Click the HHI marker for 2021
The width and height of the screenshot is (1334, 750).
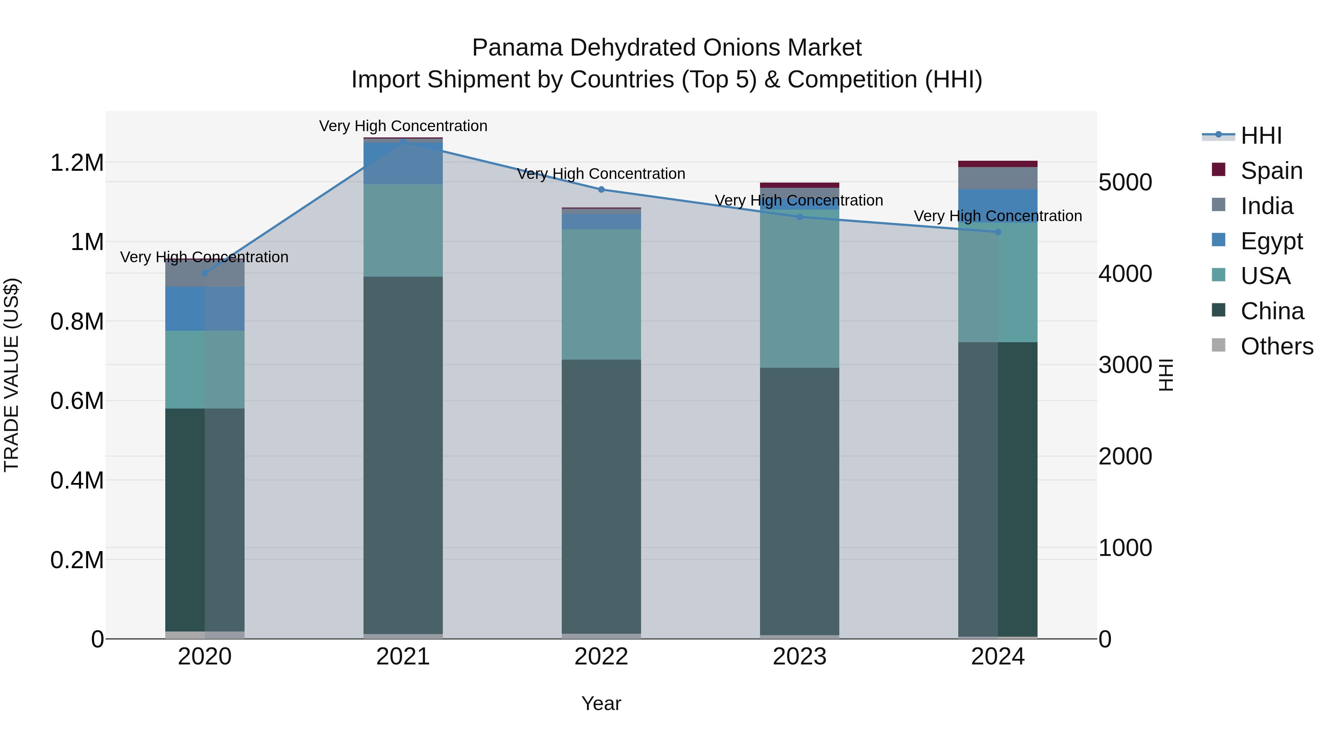click(404, 141)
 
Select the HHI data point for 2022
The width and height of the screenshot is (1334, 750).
click(601, 189)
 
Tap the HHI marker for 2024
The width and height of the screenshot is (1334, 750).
click(998, 232)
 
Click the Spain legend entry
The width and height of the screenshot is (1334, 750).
click(1271, 171)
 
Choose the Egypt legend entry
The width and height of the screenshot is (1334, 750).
click(1271, 241)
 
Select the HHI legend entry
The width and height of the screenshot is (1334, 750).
click(1261, 136)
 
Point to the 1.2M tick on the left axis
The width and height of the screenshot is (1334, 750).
click(77, 163)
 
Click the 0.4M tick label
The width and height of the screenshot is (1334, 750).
click(77, 480)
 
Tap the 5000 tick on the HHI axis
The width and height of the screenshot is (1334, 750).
click(1125, 182)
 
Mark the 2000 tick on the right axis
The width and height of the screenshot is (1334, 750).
click(1125, 457)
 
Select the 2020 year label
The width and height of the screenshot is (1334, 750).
click(205, 657)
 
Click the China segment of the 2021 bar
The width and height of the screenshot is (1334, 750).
click(404, 456)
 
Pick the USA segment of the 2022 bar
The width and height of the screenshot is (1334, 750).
click(601, 294)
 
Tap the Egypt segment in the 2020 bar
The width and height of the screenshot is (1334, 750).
click(205, 309)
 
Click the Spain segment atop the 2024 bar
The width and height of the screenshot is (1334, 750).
click(998, 164)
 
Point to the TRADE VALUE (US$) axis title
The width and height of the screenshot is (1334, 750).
click(11, 375)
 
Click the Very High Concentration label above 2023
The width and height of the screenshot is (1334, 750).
click(799, 200)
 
